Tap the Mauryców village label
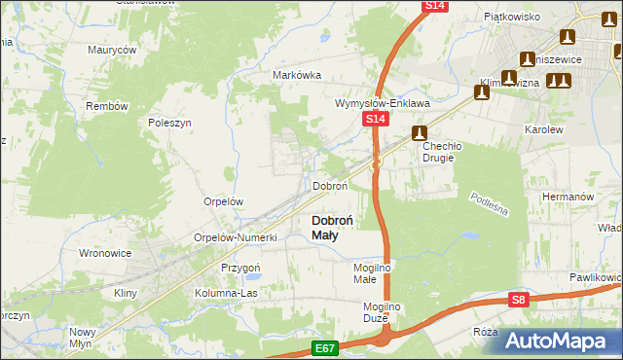(x=111, y=49)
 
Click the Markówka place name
(x=297, y=75)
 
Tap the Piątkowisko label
(x=512, y=17)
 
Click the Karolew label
(x=544, y=128)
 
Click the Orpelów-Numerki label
(x=237, y=237)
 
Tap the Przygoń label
(x=240, y=268)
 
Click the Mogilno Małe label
(x=371, y=271)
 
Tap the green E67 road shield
(x=326, y=346)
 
